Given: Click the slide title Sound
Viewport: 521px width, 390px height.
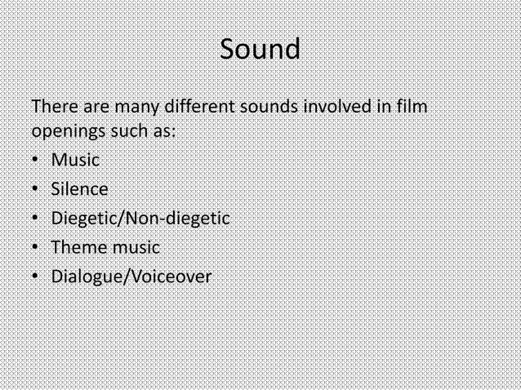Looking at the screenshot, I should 260,50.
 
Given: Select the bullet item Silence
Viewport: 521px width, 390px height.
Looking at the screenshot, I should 79,189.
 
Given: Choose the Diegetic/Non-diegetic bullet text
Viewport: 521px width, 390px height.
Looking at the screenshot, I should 140,219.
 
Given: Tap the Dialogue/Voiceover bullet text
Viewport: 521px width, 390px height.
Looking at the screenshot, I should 131,277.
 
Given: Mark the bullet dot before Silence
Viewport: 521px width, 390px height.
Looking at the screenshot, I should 36,189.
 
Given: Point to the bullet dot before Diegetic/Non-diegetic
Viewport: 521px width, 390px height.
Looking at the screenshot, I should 36,219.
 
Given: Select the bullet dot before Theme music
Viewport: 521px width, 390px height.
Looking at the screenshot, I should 36,248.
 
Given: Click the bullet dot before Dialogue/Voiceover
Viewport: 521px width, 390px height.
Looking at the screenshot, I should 36,277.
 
